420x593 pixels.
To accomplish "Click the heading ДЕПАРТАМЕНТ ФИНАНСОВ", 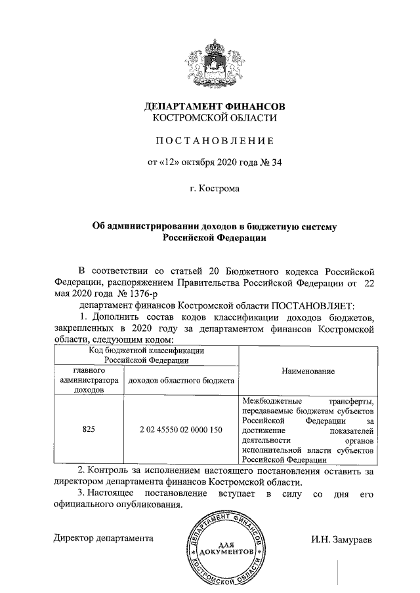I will (215, 105).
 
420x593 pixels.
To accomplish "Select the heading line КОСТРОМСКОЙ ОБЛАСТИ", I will (215, 118).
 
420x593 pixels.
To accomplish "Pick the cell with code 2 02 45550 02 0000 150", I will (181, 430).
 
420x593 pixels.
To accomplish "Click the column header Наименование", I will (308, 371).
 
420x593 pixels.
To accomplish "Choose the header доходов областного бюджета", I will (181, 380).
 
